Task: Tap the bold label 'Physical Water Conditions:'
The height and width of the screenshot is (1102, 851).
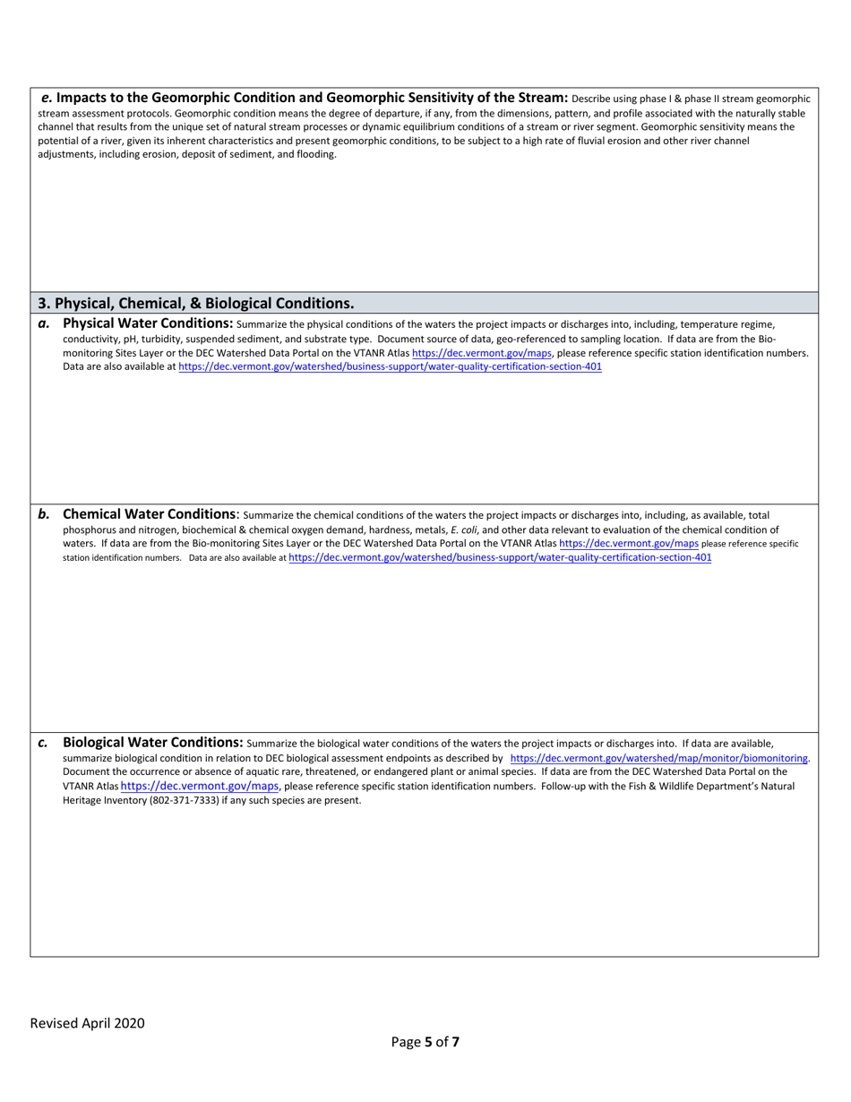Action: [148, 323]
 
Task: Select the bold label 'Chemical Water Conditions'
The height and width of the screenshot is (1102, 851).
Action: [149, 514]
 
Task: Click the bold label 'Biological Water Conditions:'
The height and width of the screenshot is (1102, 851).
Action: [152, 742]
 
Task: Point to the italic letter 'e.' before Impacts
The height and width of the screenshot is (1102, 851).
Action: [47, 97]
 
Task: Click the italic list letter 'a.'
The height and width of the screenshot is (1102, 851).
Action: [44, 323]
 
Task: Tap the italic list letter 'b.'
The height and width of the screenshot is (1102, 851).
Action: [44, 514]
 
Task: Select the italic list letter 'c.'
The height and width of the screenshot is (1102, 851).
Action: [44, 743]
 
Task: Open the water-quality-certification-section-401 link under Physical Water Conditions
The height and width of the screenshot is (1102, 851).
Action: [390, 367]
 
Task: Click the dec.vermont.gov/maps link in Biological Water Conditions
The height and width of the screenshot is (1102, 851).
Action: [199, 786]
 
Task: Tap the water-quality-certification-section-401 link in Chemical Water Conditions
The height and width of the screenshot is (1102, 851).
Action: [500, 557]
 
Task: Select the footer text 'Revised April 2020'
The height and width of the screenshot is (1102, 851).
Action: [87, 1023]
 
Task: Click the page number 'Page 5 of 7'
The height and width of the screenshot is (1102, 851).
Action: [425, 1042]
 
